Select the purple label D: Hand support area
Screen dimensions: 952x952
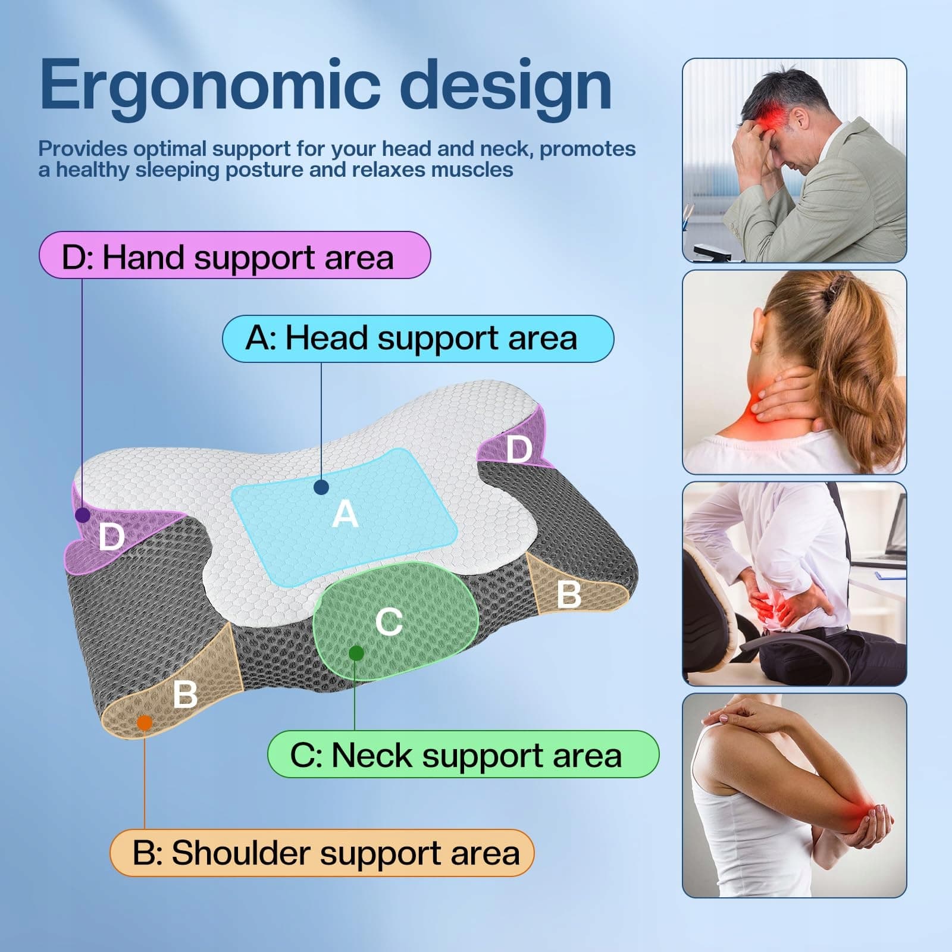(x=234, y=255)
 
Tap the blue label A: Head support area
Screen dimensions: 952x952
(x=418, y=339)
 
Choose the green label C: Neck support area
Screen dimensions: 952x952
(x=464, y=754)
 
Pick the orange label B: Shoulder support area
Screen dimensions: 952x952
(x=322, y=853)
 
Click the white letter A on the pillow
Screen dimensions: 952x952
(x=345, y=514)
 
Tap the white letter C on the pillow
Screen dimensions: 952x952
(x=389, y=622)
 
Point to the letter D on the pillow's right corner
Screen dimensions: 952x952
(x=519, y=449)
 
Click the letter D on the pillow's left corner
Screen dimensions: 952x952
(x=111, y=537)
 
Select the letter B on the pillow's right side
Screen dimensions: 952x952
(x=569, y=594)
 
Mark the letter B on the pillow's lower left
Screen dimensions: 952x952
(x=185, y=694)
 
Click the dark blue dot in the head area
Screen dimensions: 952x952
(x=321, y=488)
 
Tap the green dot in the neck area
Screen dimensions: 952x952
(x=356, y=653)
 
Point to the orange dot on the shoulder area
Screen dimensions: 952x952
(x=145, y=723)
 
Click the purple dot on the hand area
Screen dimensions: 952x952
(x=83, y=515)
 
